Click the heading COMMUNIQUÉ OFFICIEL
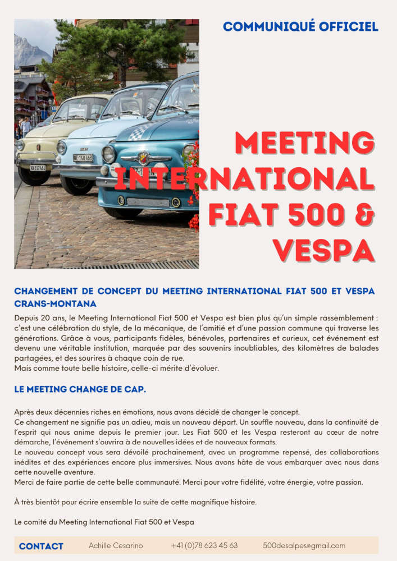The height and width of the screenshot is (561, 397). [300, 26]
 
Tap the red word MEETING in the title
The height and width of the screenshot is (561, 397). [303, 143]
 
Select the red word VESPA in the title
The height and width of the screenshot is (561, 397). [323, 250]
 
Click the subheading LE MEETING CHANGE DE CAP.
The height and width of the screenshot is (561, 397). [80, 389]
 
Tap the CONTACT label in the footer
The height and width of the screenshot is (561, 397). [41, 546]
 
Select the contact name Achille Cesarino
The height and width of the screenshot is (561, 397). [116, 545]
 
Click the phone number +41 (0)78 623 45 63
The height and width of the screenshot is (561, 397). [204, 545]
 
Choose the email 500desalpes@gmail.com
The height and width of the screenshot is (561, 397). [304, 545]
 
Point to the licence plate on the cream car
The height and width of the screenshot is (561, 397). [38, 167]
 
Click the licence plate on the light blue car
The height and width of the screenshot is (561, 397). [83, 158]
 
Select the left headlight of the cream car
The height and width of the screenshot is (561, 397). [20, 145]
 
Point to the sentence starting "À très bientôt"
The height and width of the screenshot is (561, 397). [135, 502]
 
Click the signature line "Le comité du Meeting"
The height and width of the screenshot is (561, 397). [104, 522]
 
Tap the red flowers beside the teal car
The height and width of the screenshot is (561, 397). [193, 168]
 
